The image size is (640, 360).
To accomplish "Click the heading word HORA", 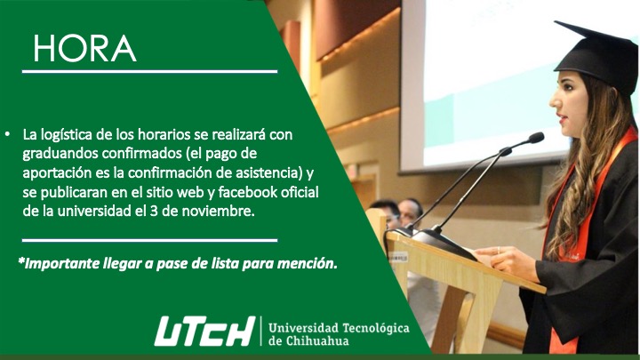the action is pos(84,49).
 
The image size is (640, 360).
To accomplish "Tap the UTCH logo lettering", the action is pos(205,331).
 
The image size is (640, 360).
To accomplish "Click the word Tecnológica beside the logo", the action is pos(376,328).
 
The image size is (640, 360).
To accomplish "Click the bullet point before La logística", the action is pos(8,134).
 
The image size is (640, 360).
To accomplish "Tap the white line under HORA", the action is pos(150,71).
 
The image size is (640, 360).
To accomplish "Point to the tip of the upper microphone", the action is pos(538,137).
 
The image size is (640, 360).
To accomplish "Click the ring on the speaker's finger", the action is pos(499,250).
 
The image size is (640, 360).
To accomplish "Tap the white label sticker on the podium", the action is pos(398,257).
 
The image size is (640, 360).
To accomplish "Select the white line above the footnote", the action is pos(150,240).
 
